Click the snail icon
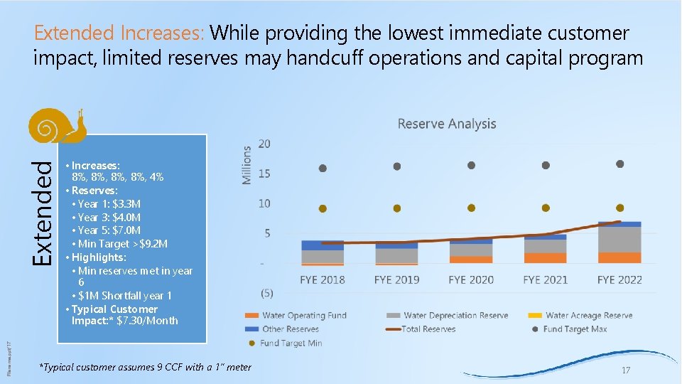tap(58, 126)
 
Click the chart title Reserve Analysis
tap(446, 124)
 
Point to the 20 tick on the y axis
tap(264, 144)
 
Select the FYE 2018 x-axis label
tap(323, 279)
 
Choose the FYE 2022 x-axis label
tap(619, 279)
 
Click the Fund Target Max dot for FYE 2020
tap(471, 165)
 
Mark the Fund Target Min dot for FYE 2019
tap(396, 208)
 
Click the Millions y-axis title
tap(247, 165)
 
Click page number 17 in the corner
tap(625, 370)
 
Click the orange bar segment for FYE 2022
tap(619, 257)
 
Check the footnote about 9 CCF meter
tap(145, 366)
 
